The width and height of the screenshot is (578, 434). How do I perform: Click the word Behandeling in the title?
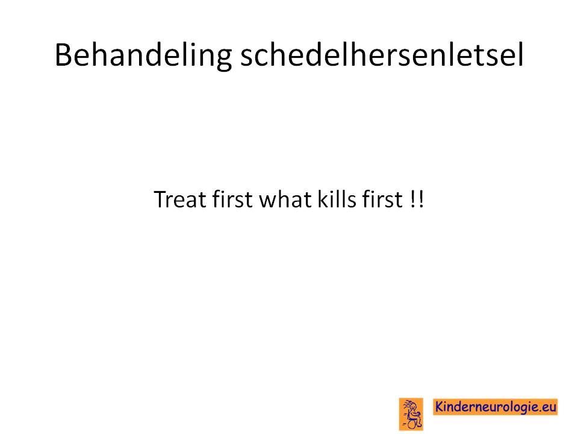point(143,55)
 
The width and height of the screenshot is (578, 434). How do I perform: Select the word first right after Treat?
point(232,200)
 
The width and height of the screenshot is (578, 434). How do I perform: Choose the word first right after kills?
point(382,200)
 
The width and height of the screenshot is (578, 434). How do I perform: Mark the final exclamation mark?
point(421,200)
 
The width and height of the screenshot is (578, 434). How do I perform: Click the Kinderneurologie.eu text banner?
point(495,407)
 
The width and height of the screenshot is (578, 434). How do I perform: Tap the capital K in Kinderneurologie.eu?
point(440,407)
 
